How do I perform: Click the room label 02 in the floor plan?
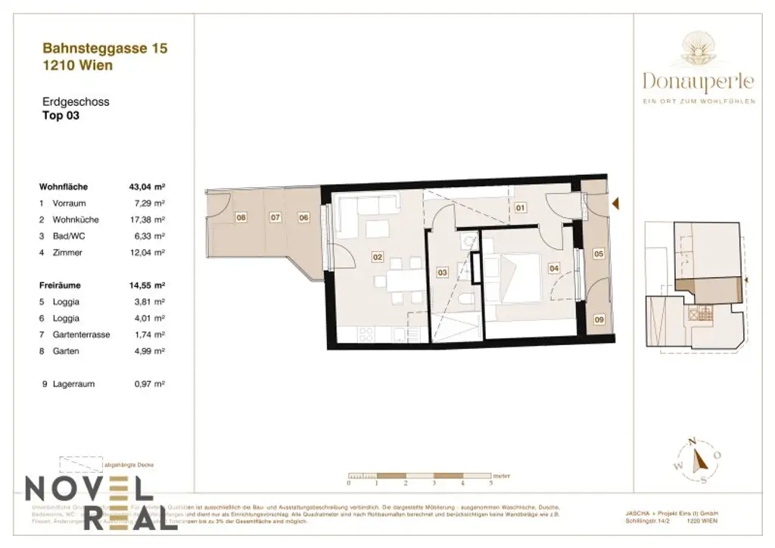(377, 257)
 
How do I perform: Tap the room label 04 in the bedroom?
(553, 267)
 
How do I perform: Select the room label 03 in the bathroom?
(443, 272)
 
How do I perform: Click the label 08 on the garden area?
(241, 218)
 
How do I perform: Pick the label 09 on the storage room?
(599, 319)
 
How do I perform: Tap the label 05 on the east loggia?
(598, 254)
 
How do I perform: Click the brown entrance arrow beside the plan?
(616, 203)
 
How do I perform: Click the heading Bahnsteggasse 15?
(104, 48)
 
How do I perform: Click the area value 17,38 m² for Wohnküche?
(148, 220)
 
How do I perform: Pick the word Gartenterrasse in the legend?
(81, 335)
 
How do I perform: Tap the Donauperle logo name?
(698, 80)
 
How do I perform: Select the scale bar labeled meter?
(420, 476)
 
